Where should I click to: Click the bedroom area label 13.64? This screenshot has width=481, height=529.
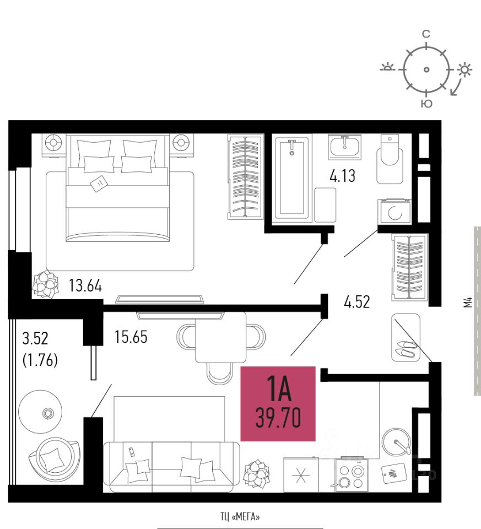(85, 286)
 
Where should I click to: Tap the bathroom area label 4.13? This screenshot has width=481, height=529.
(342, 176)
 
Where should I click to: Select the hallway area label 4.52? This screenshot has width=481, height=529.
(357, 301)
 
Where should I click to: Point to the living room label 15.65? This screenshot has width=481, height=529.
(131, 337)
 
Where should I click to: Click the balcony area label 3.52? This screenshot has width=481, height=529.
(35, 338)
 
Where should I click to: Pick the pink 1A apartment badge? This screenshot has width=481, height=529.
(278, 404)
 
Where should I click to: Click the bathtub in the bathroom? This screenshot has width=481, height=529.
(292, 179)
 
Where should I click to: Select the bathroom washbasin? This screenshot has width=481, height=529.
(345, 147)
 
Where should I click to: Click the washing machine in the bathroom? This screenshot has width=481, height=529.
(394, 212)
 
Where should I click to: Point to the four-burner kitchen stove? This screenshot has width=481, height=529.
(351, 475)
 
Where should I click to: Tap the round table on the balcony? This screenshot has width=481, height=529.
(40, 412)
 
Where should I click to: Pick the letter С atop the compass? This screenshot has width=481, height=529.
(426, 34)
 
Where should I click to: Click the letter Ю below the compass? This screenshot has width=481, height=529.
(426, 104)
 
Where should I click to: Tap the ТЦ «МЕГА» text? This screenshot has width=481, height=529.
(240, 516)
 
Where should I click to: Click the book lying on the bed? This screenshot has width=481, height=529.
(99, 183)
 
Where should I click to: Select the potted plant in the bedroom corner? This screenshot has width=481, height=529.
(45, 284)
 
